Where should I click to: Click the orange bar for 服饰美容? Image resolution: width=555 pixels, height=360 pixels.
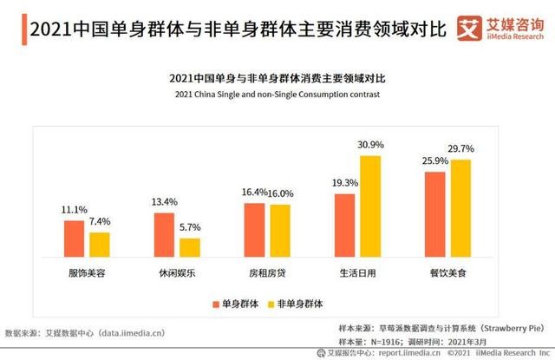click(x=74, y=238)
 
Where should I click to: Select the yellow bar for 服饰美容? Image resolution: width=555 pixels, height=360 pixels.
click(x=100, y=244)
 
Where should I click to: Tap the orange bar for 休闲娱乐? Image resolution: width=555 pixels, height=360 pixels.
click(x=164, y=233)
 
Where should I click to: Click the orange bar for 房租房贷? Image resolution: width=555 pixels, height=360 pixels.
click(x=254, y=229)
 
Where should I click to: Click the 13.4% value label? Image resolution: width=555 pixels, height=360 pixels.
click(x=164, y=202)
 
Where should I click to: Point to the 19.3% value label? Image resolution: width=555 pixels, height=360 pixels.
click(x=344, y=183)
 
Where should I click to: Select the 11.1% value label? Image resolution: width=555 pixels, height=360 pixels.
click(x=74, y=210)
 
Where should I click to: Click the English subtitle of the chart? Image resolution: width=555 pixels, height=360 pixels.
click(x=277, y=94)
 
